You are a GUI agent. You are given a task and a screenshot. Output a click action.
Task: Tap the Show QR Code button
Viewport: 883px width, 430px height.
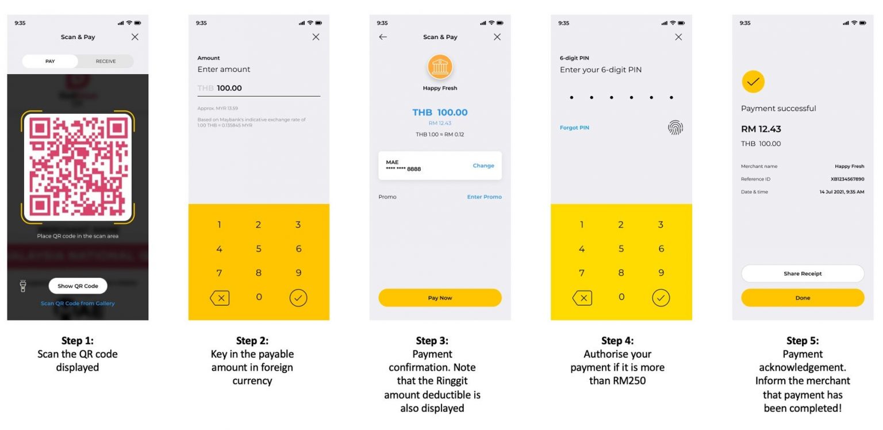pyautogui.click(x=78, y=286)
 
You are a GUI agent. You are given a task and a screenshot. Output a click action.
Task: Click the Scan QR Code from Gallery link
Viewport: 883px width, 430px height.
pyautogui.click(x=78, y=304)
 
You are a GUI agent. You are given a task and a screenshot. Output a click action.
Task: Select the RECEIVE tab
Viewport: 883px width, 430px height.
pyautogui.click(x=105, y=62)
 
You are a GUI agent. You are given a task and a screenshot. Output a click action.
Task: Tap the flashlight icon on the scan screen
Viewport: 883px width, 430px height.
pyautogui.click(x=23, y=286)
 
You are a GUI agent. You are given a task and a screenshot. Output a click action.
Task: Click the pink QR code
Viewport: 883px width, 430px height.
pyautogui.click(x=78, y=167)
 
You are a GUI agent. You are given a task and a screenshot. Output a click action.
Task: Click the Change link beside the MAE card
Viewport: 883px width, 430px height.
pyautogui.click(x=483, y=166)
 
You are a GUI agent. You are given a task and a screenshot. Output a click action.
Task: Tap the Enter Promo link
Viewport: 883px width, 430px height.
pyautogui.click(x=484, y=197)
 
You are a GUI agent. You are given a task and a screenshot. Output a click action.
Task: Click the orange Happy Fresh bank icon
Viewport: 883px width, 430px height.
pyautogui.click(x=440, y=67)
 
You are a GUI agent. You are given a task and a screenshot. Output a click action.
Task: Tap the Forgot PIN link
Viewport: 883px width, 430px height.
pyautogui.click(x=574, y=128)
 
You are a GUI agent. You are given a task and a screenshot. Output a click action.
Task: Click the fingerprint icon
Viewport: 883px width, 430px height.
pyautogui.click(x=675, y=128)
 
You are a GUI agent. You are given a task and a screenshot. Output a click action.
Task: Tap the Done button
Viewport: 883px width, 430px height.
pyautogui.click(x=803, y=298)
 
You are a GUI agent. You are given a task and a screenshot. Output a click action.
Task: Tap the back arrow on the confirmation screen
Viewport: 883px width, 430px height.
pyautogui.click(x=383, y=37)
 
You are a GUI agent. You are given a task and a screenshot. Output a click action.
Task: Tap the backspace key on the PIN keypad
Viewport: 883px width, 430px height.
pyautogui.click(x=582, y=298)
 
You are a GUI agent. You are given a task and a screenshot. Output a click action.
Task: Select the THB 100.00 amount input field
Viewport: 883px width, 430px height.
pyautogui.click(x=259, y=89)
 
